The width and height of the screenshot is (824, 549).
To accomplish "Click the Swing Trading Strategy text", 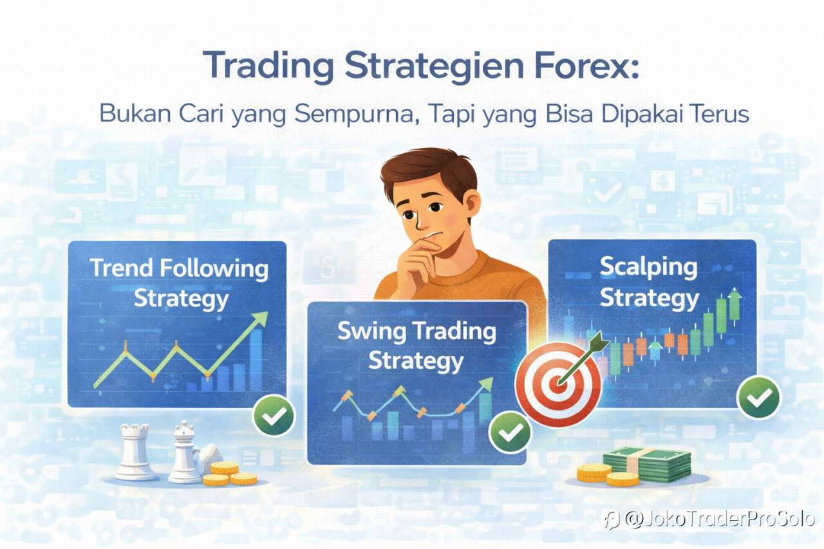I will click(x=417, y=346).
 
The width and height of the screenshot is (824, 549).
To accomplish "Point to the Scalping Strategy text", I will click(x=649, y=283).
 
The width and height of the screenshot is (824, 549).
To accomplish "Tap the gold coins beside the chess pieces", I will click(x=229, y=474).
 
